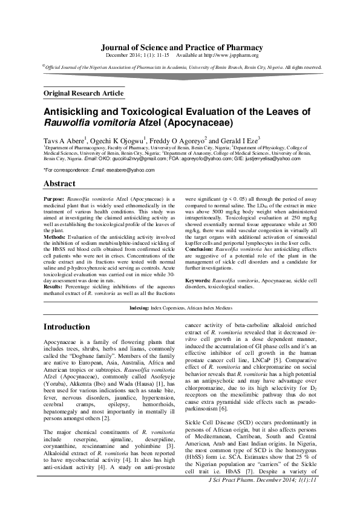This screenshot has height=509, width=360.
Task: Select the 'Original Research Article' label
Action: (83, 93)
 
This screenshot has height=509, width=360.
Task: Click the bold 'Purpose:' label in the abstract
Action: (55, 198)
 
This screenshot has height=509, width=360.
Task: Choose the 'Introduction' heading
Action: (67, 327)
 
